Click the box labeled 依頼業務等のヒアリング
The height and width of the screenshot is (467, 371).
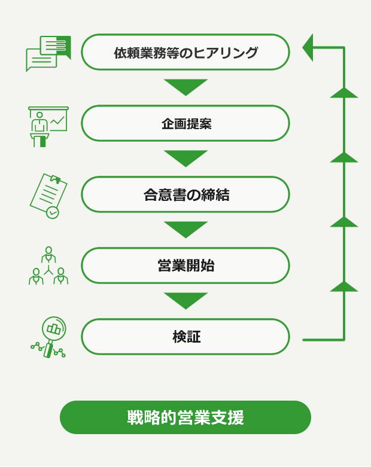185,53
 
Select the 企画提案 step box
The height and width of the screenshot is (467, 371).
185,124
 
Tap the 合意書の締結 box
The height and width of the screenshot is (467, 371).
185,195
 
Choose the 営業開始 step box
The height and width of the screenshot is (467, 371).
185,266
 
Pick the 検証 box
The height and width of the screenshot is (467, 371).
185,337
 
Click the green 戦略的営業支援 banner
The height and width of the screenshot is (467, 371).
185,417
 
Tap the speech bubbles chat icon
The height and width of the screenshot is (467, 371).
48,53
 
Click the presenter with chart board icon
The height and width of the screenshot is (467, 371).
48,126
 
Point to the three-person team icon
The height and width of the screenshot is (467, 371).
48,266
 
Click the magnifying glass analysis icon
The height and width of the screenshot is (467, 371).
48,337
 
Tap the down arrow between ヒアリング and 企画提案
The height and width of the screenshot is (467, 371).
185,87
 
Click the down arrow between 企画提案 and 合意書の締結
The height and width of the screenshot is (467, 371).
185,158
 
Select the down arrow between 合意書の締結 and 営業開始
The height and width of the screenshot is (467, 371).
185,229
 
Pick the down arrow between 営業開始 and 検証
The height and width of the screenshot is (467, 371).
185,300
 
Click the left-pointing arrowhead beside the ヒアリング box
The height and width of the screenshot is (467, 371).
308,47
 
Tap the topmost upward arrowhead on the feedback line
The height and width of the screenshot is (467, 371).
344,93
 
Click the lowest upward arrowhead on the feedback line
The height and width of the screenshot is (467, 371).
344,286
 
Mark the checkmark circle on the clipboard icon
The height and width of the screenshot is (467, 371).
53,212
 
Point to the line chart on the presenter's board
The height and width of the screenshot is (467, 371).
58,121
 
